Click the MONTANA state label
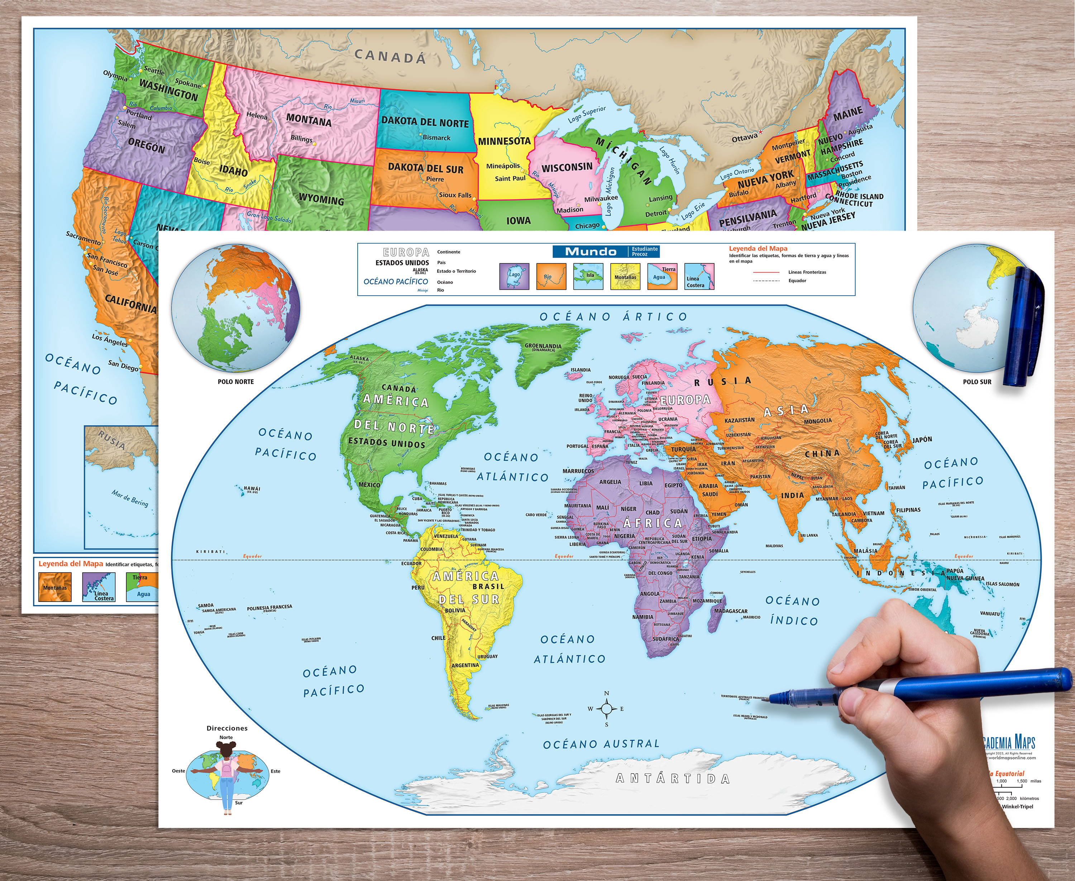tap(309, 120)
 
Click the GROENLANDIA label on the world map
tap(543, 346)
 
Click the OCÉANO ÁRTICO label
tap(613, 317)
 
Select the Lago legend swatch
tap(514, 276)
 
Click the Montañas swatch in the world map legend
tap(625, 276)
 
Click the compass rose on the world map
tap(607, 709)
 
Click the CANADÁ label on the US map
tap(390, 56)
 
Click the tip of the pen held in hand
tap(770, 699)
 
